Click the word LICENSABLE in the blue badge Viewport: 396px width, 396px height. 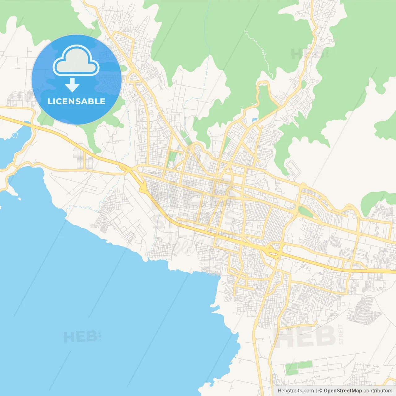coord(76,101)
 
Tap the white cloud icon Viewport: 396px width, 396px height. coord(76,61)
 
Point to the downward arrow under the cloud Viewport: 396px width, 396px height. coord(72,85)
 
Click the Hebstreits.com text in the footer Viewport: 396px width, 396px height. coord(295,391)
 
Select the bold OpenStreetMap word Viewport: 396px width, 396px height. coord(342,391)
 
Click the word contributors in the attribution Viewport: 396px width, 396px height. coord(378,391)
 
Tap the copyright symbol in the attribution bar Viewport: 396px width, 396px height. coord(320,391)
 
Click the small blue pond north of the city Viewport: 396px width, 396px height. coord(255,119)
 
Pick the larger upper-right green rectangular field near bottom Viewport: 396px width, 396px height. coord(305,365)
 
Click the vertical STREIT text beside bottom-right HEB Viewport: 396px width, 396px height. coord(341,334)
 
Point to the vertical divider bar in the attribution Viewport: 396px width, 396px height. coord(316,391)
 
